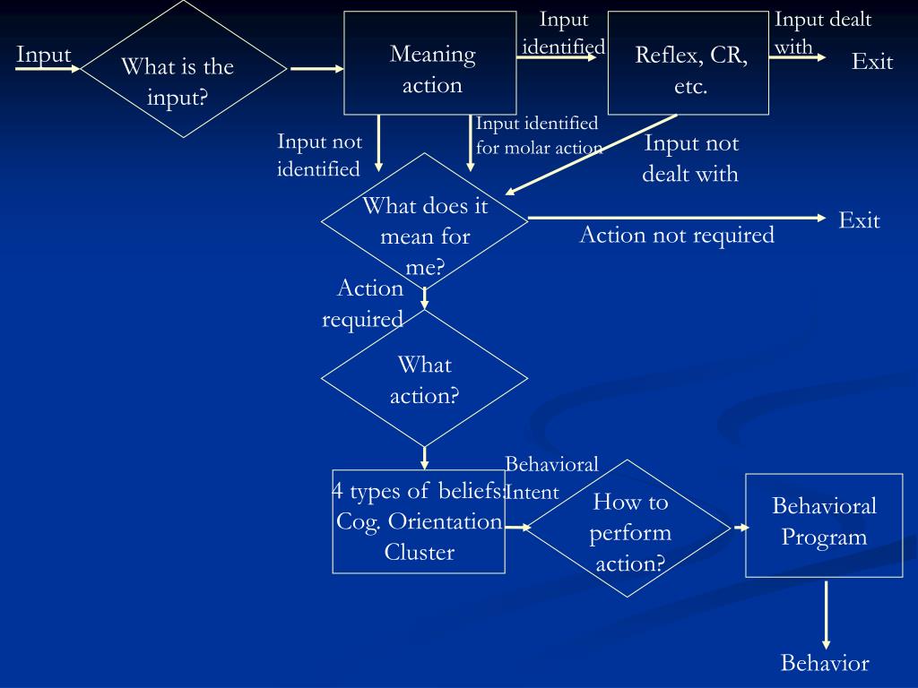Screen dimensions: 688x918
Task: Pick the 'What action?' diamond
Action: pos(424,378)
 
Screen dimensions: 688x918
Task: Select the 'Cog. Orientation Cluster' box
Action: pos(419,521)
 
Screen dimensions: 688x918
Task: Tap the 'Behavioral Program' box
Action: pos(824,523)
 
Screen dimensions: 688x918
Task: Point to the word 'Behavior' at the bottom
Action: pos(825,663)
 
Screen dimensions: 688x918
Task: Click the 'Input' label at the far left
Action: pos(43,55)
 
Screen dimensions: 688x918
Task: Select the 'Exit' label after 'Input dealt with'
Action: pos(872,62)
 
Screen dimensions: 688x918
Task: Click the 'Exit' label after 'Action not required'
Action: pos(859,220)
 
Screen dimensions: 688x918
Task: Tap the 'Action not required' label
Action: pos(677,235)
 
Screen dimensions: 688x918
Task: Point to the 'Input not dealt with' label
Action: pos(690,158)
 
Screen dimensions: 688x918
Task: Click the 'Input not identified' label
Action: pos(319,155)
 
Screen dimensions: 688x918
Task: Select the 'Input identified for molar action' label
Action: pos(538,135)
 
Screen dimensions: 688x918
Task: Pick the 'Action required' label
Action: pos(364,304)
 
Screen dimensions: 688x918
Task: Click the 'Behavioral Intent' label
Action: pos(547,477)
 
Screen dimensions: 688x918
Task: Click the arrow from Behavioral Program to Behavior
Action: pos(826,614)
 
